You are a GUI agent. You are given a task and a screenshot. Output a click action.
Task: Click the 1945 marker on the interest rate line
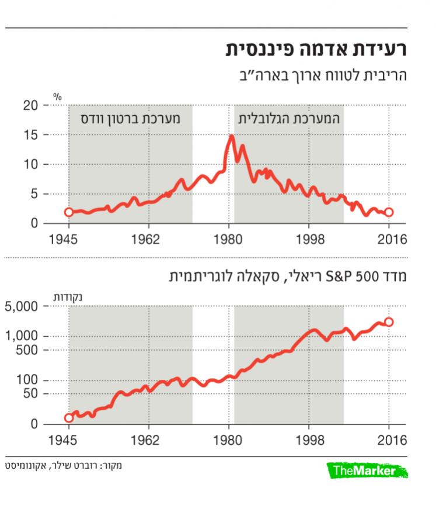coord(68,212)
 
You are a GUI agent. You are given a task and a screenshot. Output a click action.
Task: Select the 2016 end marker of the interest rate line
coord(389,212)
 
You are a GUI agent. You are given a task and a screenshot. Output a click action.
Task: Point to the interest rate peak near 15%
coord(232,137)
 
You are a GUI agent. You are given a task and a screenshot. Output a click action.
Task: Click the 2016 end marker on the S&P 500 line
coord(389,321)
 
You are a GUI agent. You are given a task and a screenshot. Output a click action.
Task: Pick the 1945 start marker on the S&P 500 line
coord(68,417)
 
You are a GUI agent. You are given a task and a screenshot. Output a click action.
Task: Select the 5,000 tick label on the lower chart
coord(21,306)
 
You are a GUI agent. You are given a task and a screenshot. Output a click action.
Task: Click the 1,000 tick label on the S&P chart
coord(21,336)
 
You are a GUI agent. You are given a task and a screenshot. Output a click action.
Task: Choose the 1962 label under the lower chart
coord(149,440)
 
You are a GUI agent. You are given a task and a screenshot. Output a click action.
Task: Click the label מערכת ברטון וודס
coord(131,117)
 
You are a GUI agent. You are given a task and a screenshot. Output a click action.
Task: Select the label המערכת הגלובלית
coord(289,117)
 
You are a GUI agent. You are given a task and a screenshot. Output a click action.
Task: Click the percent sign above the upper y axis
coord(57,96)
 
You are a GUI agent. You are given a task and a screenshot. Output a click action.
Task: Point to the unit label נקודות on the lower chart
coord(68,296)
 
